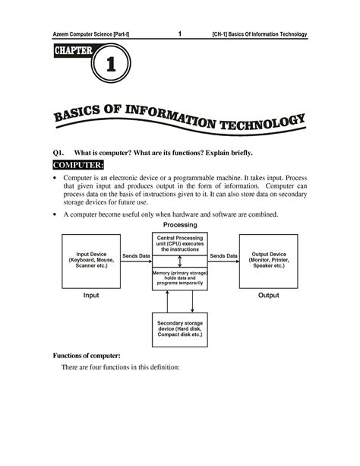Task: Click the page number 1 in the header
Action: (x=179, y=33)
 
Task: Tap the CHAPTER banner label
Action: (x=73, y=51)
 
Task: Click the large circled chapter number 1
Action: (x=111, y=66)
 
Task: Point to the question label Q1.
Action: (x=58, y=153)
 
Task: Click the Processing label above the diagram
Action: (x=180, y=225)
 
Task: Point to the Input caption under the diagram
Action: (x=91, y=295)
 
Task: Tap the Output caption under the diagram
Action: (x=268, y=295)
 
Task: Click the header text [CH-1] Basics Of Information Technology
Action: (x=260, y=34)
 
